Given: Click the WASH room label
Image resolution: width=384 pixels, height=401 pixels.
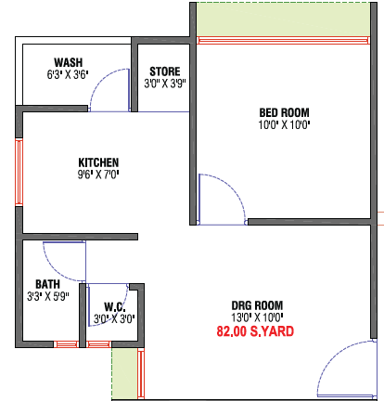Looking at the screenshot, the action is (x=69, y=62).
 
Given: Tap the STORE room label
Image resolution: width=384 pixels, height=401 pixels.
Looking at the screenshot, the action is (x=165, y=71).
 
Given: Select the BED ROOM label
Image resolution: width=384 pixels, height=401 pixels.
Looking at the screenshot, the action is (x=284, y=112).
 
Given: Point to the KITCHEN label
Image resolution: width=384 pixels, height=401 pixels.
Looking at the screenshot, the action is (x=98, y=162).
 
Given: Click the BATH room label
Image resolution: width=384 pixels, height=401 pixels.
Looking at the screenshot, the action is (x=47, y=284).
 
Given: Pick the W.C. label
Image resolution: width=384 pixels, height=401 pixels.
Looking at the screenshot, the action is (x=115, y=307).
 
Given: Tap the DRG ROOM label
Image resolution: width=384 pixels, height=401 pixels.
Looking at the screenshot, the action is (x=257, y=305).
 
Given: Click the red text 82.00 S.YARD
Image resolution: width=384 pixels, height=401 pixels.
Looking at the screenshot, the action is (x=255, y=331).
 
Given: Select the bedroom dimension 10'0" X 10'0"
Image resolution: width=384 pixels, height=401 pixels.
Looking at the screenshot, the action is (x=284, y=124).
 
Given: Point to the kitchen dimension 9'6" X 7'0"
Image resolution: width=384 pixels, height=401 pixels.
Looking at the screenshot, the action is (x=98, y=175).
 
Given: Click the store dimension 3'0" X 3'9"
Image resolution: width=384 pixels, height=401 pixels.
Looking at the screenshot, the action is (x=165, y=84).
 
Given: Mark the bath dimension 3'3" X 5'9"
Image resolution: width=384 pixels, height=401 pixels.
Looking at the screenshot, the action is (x=47, y=296).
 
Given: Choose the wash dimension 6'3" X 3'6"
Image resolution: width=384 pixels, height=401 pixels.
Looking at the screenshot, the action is (x=68, y=74).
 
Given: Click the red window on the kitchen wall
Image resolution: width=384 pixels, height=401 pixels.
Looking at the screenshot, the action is (x=19, y=172).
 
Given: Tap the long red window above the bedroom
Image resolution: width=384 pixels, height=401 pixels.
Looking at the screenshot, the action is (x=283, y=41).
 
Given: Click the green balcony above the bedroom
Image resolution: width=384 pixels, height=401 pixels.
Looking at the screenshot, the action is (x=283, y=19).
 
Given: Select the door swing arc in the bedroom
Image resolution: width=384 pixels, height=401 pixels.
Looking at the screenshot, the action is (x=233, y=186).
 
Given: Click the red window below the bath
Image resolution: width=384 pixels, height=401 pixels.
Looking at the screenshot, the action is (x=67, y=344).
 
